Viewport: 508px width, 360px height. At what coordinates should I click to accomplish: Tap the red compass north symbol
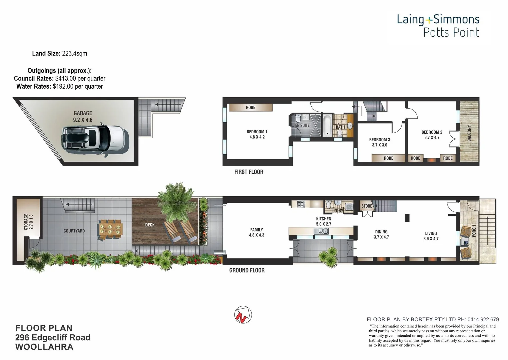(243, 315)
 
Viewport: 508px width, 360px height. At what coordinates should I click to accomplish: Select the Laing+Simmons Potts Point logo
(438, 26)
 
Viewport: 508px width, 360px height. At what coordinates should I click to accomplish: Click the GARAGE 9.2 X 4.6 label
(83, 116)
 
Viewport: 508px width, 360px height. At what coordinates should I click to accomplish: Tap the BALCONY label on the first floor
(469, 133)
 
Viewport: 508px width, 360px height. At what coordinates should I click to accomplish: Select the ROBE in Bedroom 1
(250, 107)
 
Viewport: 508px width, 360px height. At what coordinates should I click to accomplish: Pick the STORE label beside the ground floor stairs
(366, 206)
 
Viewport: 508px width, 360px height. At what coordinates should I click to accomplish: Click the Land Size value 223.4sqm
(74, 53)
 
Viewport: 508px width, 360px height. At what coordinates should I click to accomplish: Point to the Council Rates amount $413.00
(65, 78)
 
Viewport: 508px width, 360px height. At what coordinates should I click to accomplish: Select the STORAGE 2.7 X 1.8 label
(28, 222)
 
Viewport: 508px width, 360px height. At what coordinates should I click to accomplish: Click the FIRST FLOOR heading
(249, 172)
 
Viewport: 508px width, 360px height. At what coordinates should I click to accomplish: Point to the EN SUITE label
(302, 125)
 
